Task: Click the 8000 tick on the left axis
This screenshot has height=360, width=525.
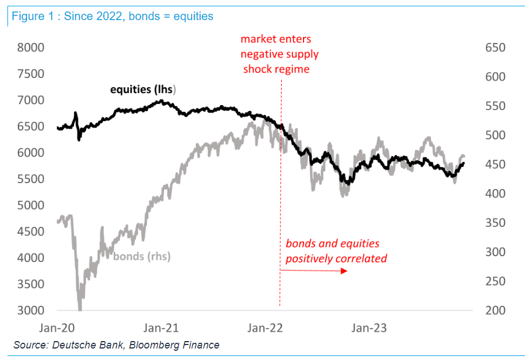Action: tap(30, 47)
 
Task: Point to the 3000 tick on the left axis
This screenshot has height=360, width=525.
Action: tap(30, 311)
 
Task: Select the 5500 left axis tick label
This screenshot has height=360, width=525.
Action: tap(30, 179)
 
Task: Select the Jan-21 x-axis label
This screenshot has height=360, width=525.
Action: tap(161, 328)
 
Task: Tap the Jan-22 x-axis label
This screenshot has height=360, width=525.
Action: tap(265, 328)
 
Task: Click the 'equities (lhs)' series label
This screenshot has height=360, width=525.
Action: tap(143, 90)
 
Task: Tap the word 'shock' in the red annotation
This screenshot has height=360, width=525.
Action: tap(258, 69)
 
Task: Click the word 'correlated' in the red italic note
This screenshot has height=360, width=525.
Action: tap(360, 258)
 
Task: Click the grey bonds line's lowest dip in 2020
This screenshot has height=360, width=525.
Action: tap(80, 308)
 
